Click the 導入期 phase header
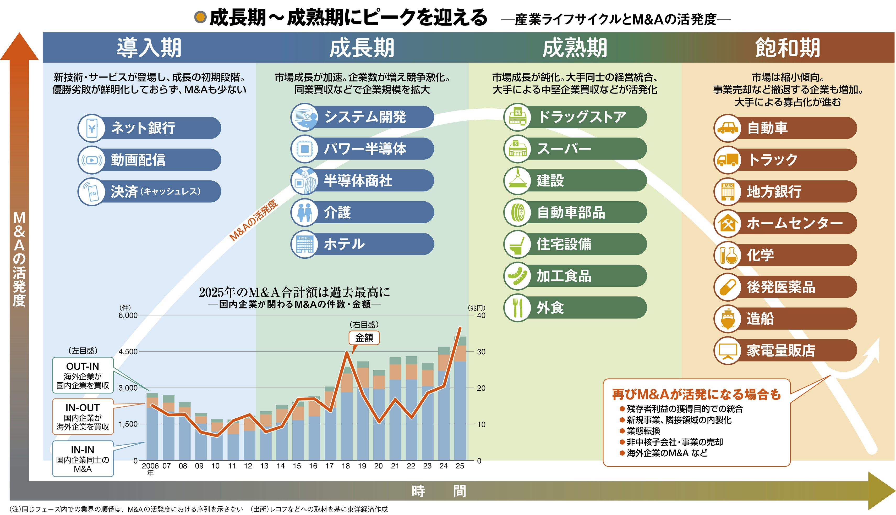[x=149, y=48]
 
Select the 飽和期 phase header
[x=787, y=48]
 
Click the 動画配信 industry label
[x=138, y=159]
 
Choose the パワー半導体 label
[x=365, y=148]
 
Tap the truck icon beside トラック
[x=727, y=159]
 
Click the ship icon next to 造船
[x=727, y=319]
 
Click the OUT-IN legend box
[x=83, y=375]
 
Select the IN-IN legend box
[x=83, y=459]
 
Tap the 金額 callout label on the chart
[x=364, y=338]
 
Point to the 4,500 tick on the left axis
[x=128, y=352]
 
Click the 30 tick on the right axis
[x=481, y=352]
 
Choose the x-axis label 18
[x=346, y=466]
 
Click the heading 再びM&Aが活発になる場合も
[x=696, y=394]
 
